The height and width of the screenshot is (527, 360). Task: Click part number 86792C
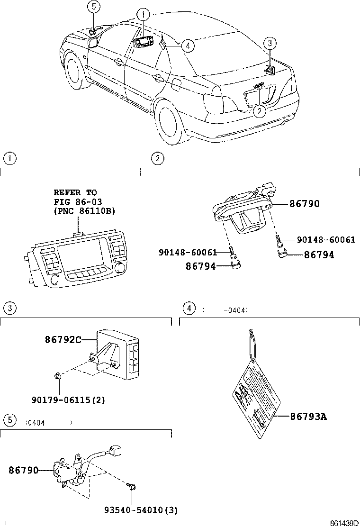click(x=63, y=339)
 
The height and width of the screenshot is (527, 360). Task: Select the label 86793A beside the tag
click(x=308, y=417)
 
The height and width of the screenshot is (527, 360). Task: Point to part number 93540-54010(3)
click(x=141, y=510)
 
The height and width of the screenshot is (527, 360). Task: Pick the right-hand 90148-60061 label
click(x=326, y=240)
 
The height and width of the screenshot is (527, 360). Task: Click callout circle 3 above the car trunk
click(x=270, y=44)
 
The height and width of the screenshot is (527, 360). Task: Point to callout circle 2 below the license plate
click(x=259, y=111)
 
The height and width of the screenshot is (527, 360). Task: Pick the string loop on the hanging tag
click(x=250, y=346)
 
